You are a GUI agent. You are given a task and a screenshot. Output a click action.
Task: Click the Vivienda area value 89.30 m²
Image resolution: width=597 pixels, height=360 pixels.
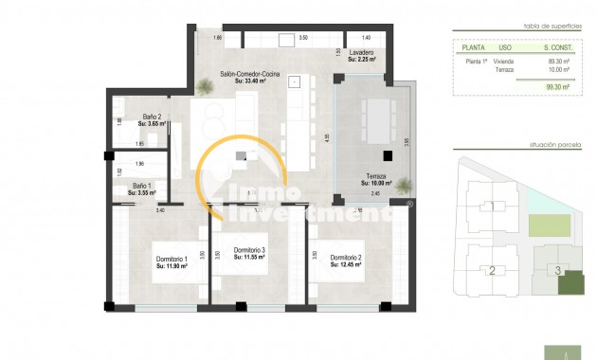(x=556, y=61)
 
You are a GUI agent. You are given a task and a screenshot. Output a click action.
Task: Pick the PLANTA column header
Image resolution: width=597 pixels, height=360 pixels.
(x=473, y=46)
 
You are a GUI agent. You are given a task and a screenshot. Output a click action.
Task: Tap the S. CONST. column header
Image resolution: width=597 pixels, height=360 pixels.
(x=556, y=46)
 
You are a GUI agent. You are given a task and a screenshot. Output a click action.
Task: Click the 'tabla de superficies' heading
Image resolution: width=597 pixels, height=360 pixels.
(x=550, y=27)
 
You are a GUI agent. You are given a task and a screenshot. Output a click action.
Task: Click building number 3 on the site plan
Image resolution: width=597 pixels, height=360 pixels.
(x=558, y=271)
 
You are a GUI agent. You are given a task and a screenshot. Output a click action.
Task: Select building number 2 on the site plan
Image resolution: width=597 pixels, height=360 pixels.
(x=492, y=271)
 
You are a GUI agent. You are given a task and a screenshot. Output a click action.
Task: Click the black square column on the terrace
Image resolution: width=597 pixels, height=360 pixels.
(x=387, y=156)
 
